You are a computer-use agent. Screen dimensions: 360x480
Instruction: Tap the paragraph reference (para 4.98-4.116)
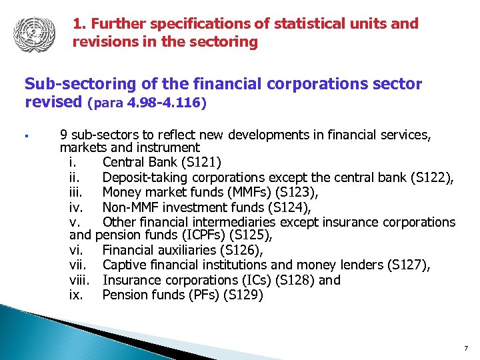pos(147,104)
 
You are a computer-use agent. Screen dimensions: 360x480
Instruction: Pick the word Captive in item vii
pos(125,265)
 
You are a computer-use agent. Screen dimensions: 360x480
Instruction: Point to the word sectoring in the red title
pos(226,42)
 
